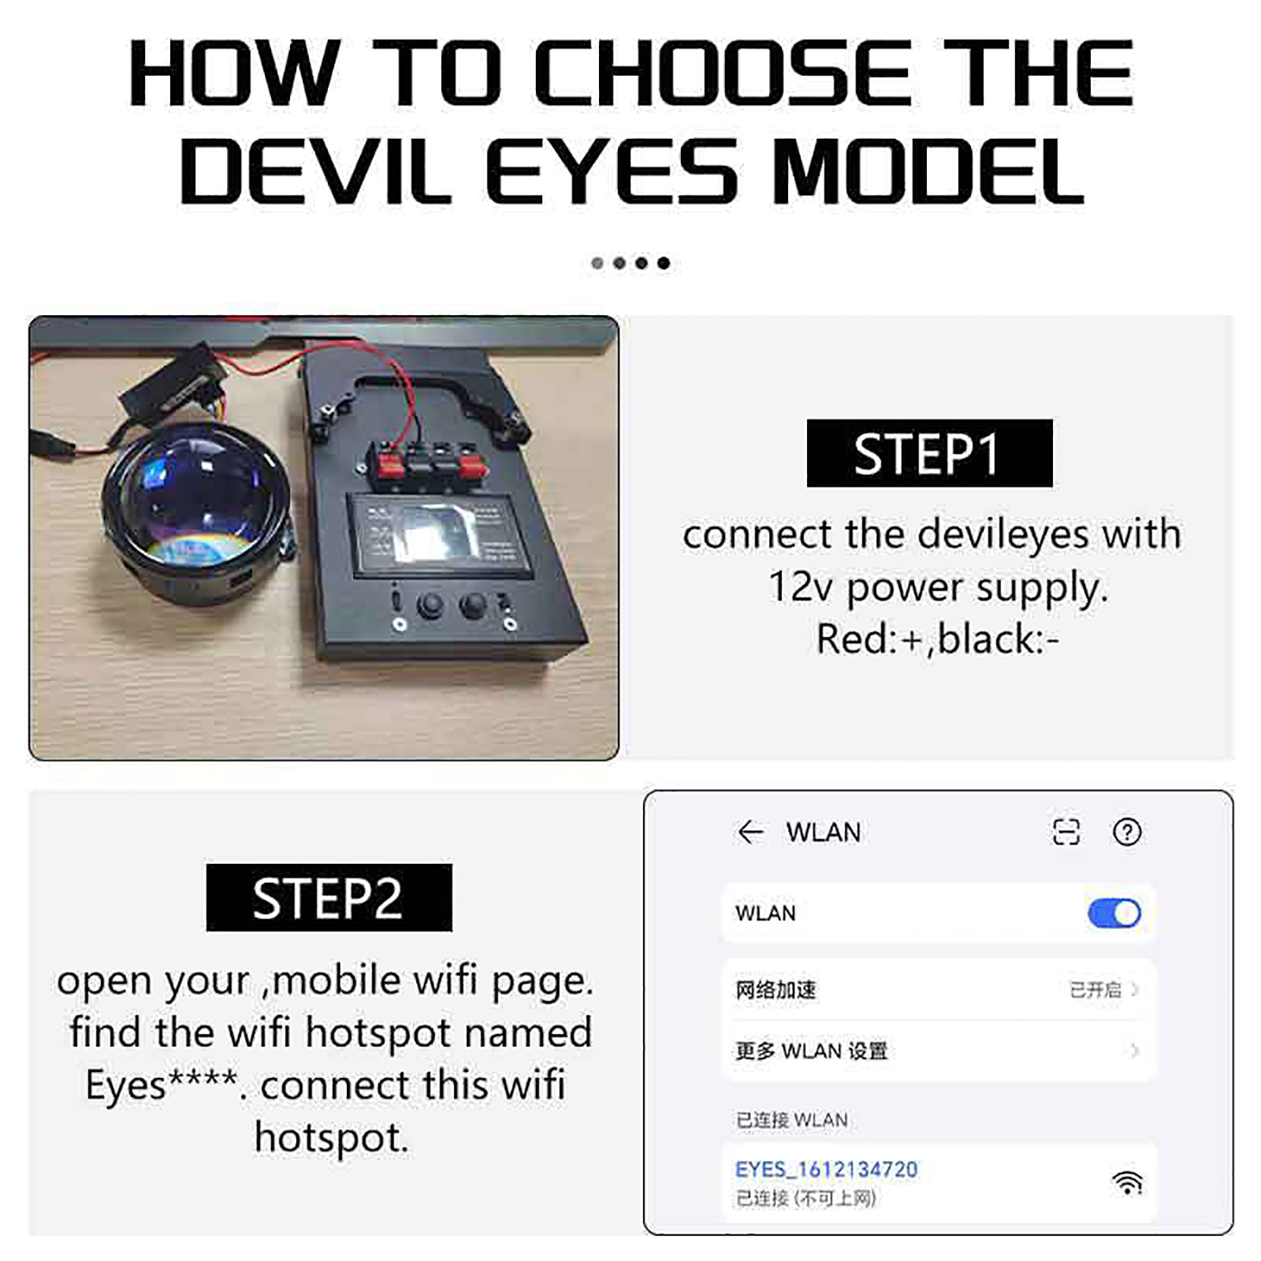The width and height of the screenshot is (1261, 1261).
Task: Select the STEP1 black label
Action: click(929, 453)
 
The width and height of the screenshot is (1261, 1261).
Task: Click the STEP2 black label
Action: click(329, 898)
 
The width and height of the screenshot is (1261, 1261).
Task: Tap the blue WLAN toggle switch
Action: click(1114, 913)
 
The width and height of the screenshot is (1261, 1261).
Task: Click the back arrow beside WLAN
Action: click(750, 831)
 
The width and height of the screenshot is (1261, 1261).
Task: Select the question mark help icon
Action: click(1127, 831)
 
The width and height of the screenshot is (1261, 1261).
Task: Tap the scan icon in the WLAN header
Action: click(1066, 831)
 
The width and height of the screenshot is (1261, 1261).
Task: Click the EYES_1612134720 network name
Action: click(826, 1169)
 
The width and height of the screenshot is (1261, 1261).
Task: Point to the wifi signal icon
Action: click(1128, 1182)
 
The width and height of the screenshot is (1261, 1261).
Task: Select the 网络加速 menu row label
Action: click(776, 990)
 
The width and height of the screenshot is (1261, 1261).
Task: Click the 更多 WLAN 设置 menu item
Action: click(811, 1051)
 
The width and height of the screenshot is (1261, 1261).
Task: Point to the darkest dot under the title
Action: click(664, 263)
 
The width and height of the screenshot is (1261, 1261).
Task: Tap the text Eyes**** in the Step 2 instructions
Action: click(161, 1085)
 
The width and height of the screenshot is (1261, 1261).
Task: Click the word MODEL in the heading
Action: click(928, 171)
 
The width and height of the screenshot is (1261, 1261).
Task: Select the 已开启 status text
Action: click(1095, 990)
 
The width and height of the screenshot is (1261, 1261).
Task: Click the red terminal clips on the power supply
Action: click(430, 465)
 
